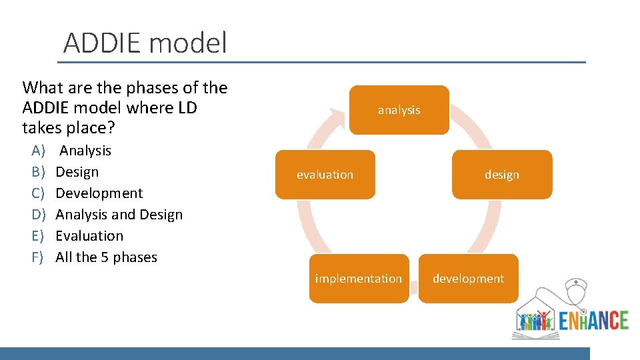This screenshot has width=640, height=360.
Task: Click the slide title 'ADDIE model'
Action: pyautogui.click(x=145, y=43)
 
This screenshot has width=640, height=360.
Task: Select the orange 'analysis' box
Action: pyautogui.click(x=399, y=110)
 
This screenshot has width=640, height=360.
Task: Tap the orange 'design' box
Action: pyautogui.click(x=501, y=175)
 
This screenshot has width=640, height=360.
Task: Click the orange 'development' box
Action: pyautogui.click(x=468, y=279)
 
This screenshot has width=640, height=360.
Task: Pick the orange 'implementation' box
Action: pyautogui.click(x=359, y=279)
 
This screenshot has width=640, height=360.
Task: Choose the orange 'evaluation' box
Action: pyautogui.click(x=325, y=175)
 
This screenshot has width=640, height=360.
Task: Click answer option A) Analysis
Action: pyautogui.click(x=85, y=151)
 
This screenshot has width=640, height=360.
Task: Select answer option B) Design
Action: pyautogui.click(x=77, y=172)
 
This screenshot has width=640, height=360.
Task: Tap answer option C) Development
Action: pyautogui.click(x=99, y=193)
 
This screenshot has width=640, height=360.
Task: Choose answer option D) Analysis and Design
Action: pyautogui.click(x=119, y=215)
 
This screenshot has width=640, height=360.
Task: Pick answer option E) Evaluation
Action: pyautogui.click(x=89, y=236)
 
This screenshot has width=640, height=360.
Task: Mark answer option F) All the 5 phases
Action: pyautogui.click(x=106, y=257)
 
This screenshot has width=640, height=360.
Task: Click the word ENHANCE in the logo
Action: pyautogui.click(x=593, y=319)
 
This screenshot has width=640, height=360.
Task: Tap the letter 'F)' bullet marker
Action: pyautogui.click(x=37, y=257)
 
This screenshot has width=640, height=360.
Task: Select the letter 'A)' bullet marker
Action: pyautogui.click(x=38, y=151)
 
